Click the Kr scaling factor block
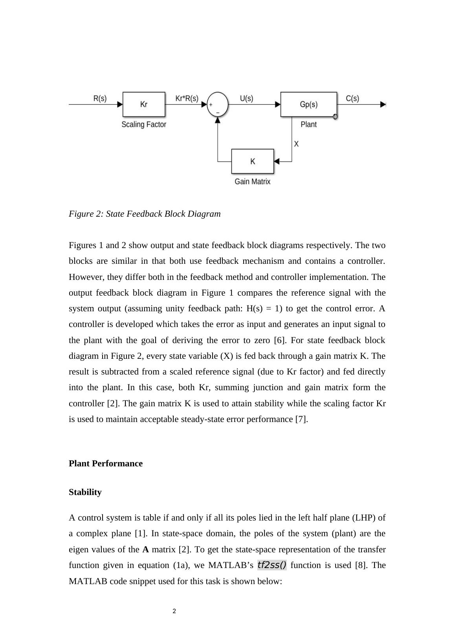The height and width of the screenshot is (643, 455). click(x=144, y=104)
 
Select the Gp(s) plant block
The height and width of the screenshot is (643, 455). click(x=308, y=104)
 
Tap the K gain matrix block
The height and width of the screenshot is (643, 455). click(x=252, y=161)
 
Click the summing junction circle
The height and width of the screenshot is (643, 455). click(x=218, y=104)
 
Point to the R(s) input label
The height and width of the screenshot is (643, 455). click(x=100, y=98)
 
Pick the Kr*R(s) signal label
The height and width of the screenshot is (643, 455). click(x=187, y=98)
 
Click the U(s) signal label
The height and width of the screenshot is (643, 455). click(x=246, y=98)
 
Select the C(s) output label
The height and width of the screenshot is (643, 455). click(x=352, y=98)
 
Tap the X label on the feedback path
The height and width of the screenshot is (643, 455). click(x=296, y=144)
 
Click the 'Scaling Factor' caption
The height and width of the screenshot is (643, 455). click(x=144, y=124)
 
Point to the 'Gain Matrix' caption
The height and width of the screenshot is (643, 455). click(x=252, y=181)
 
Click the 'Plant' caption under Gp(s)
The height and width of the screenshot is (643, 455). click(x=308, y=124)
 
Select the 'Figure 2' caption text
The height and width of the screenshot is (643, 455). click(x=145, y=214)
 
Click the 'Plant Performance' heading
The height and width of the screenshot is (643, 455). click(x=106, y=464)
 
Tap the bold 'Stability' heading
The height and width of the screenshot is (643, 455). click(x=85, y=492)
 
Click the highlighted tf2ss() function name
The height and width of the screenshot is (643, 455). click(x=272, y=565)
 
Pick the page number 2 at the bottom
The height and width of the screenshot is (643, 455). click(x=174, y=611)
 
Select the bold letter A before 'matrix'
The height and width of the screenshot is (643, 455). click(x=145, y=550)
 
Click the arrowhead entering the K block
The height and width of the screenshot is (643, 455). click(x=276, y=161)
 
